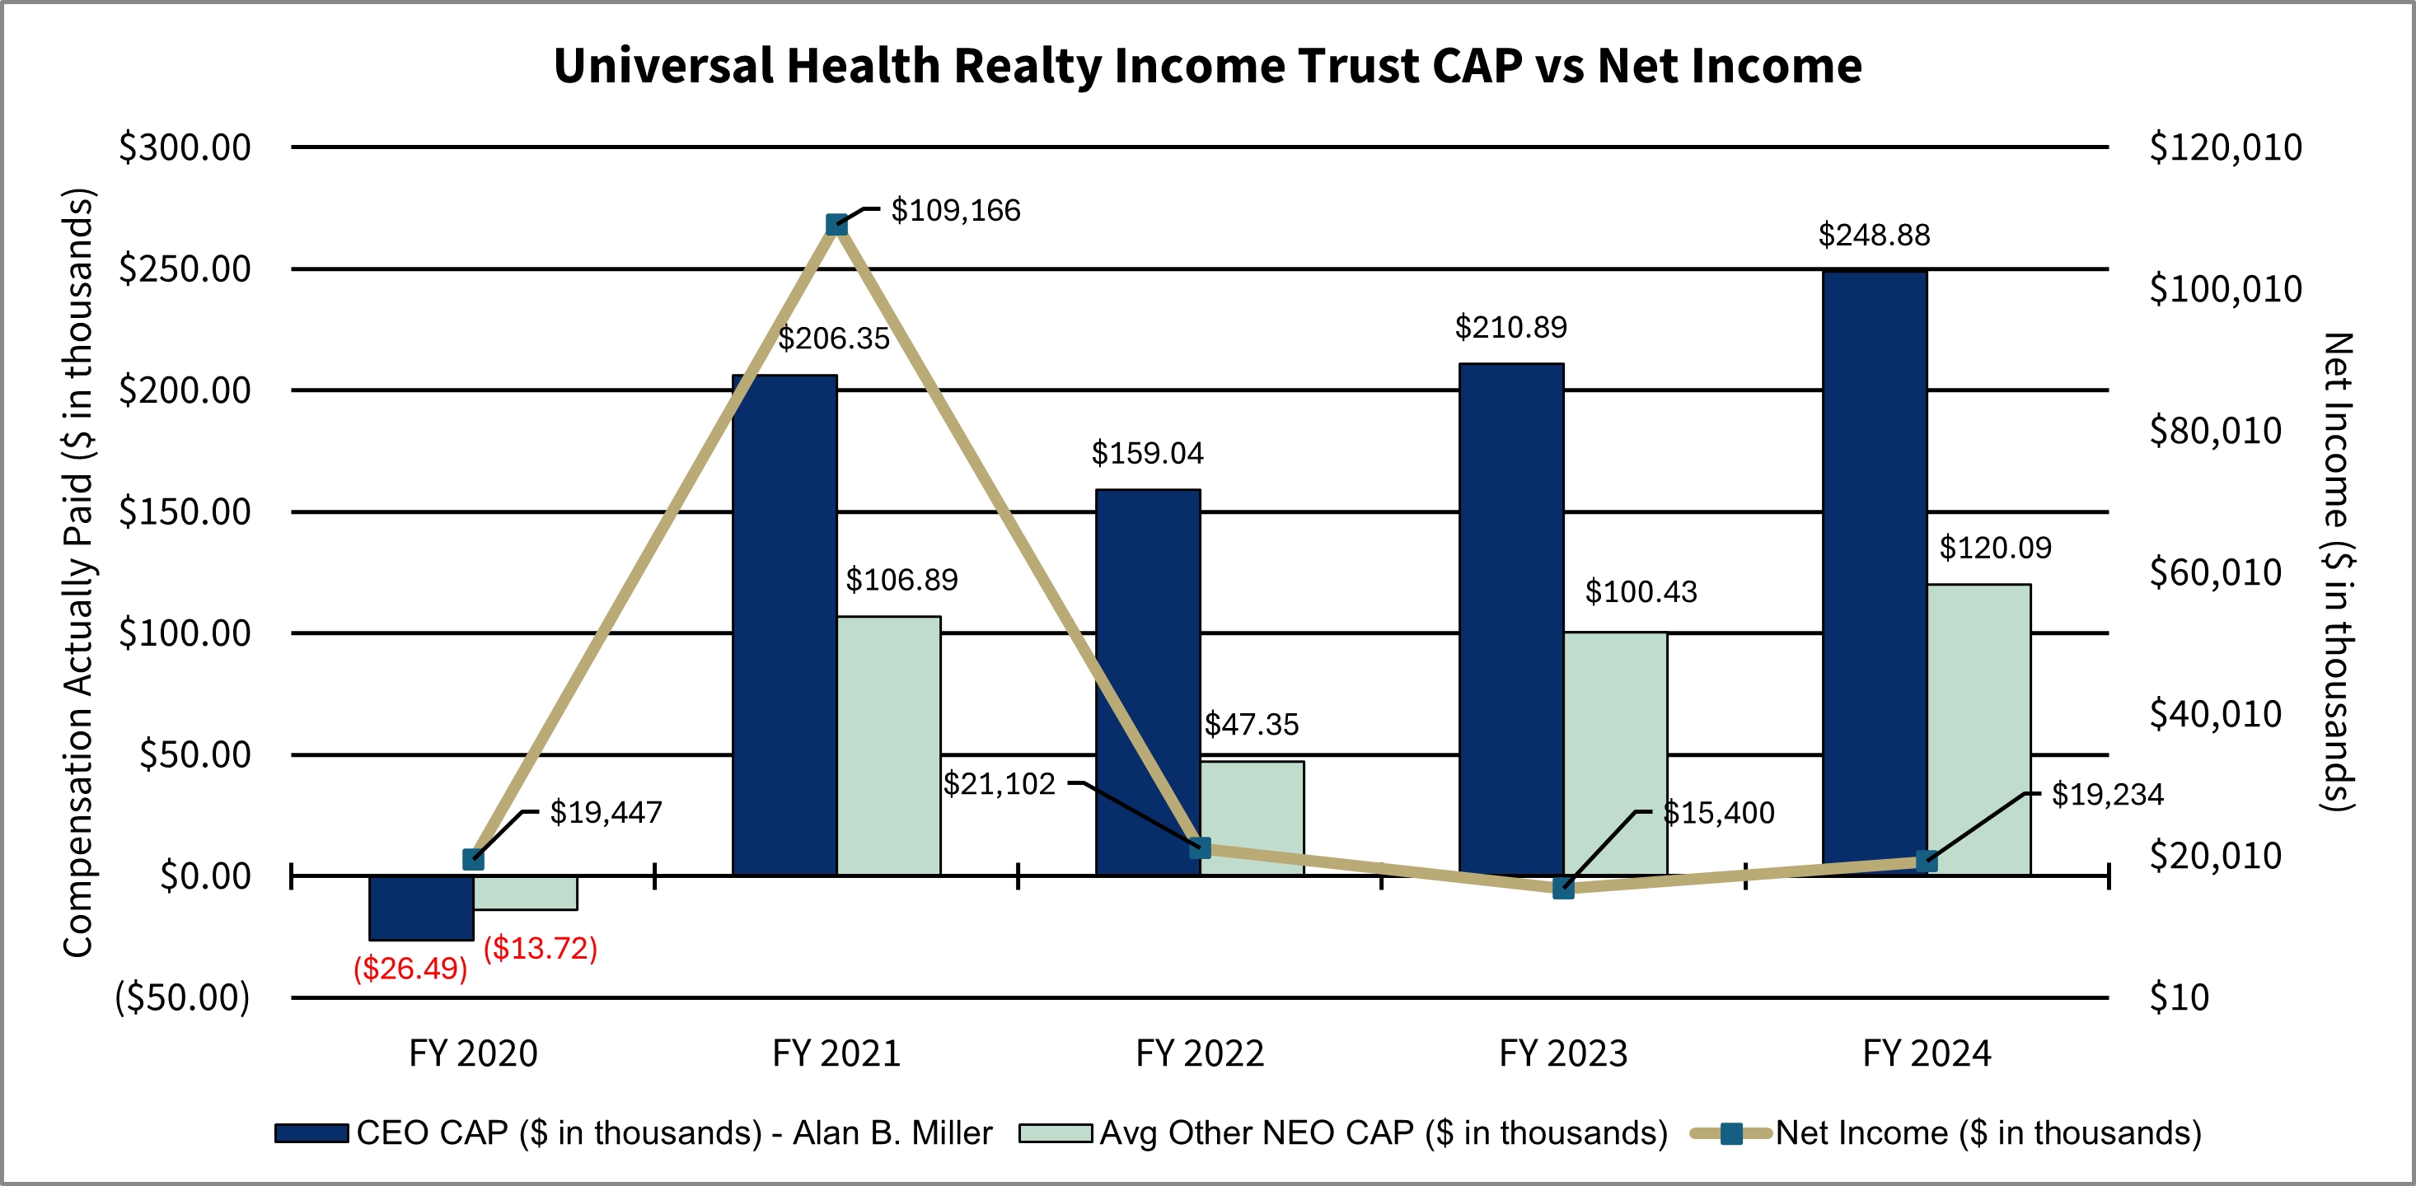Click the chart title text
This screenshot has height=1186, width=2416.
point(1207,66)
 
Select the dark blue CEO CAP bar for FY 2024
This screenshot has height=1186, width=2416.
point(1874,572)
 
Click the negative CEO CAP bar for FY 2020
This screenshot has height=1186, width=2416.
point(421,908)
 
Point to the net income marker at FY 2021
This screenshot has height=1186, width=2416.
point(836,224)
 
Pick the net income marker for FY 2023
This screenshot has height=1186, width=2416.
point(1563,888)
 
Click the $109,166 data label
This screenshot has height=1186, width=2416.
point(955,210)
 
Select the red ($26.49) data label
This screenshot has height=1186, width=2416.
point(410,968)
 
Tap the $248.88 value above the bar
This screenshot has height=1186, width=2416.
point(1874,235)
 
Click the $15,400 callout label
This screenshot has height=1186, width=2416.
point(1718,812)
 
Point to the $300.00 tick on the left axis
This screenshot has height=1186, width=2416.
point(185,147)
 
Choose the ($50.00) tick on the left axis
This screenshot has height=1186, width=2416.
point(182,997)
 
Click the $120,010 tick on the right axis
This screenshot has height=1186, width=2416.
point(2225,147)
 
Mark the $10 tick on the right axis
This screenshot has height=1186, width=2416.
point(2179,997)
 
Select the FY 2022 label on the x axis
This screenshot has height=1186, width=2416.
point(1200,1053)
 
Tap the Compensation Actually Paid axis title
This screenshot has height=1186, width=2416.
point(79,572)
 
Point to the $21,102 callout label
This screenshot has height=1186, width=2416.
point(999,784)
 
